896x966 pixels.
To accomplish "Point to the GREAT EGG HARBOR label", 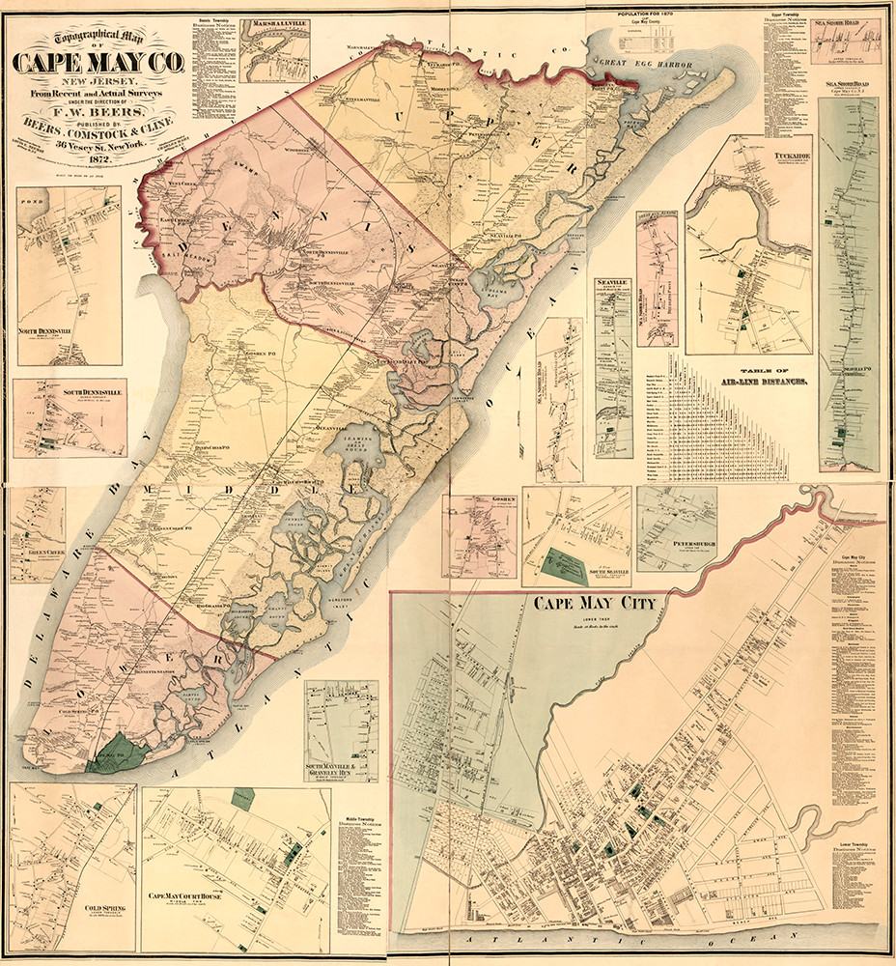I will pos(647,63).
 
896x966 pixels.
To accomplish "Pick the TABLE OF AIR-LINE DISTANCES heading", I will pos(760,378).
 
